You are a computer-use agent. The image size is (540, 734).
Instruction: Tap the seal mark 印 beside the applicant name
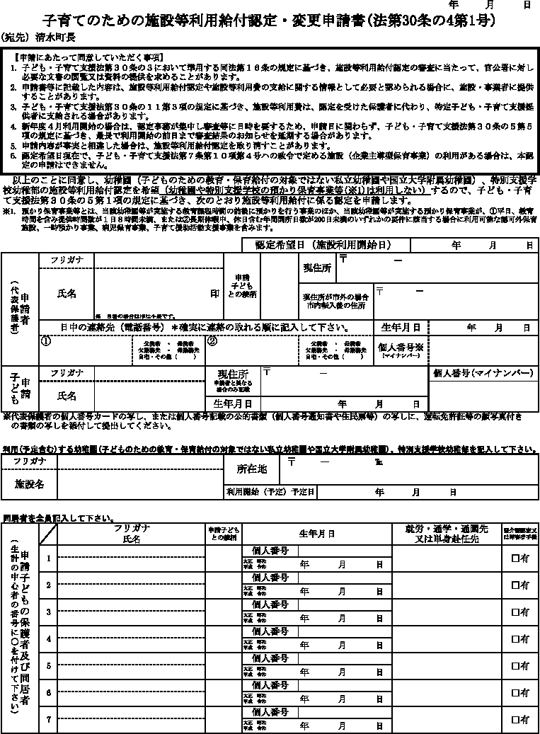[x=214, y=293]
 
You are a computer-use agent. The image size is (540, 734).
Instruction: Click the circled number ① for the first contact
[x=46, y=340]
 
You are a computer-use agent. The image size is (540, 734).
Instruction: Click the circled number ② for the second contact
[x=211, y=340]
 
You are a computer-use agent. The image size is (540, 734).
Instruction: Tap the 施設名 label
[x=30, y=484]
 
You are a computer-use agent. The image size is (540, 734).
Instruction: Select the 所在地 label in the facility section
[x=251, y=469]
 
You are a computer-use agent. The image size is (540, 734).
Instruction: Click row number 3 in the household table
[x=49, y=612]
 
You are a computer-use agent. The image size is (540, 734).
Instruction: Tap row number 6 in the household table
[x=49, y=692]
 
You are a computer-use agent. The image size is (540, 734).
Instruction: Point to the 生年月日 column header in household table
[x=316, y=532]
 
